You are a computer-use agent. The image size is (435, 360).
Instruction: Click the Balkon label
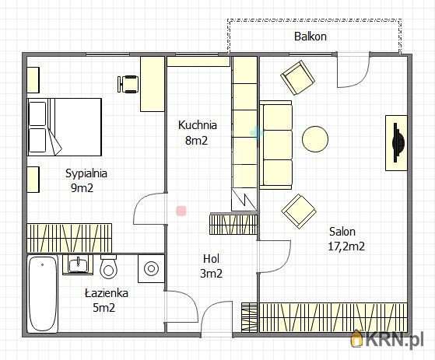click(x=310, y=37)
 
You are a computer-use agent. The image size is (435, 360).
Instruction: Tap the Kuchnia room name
click(x=198, y=125)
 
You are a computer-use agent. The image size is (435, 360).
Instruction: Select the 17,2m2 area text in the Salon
click(x=346, y=246)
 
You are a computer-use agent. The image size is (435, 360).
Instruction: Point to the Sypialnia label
click(x=86, y=173)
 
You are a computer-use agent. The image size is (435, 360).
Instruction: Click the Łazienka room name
click(x=107, y=293)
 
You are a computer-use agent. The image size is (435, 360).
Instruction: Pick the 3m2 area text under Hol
click(x=211, y=274)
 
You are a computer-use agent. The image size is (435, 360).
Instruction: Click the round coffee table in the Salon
click(x=315, y=139)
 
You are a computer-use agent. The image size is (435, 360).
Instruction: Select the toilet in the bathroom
click(x=108, y=267)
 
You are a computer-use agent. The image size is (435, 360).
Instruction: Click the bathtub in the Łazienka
click(x=43, y=294)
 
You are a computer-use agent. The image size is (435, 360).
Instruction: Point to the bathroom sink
click(x=79, y=265)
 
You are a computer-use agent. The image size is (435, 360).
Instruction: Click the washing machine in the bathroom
click(x=151, y=268)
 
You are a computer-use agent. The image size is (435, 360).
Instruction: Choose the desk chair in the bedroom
click(x=128, y=84)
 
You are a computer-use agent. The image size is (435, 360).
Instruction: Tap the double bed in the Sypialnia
click(x=65, y=127)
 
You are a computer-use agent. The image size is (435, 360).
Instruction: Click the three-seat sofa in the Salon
click(x=275, y=145)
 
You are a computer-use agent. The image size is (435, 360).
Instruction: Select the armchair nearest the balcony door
click(x=298, y=78)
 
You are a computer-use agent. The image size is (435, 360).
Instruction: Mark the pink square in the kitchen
click(x=181, y=211)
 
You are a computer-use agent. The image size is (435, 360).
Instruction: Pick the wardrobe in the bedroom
click(x=69, y=239)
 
